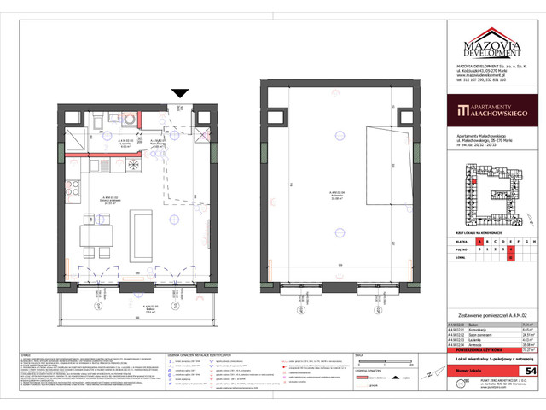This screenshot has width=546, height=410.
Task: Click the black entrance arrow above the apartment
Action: [180, 93]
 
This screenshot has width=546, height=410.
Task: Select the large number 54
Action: [530, 372]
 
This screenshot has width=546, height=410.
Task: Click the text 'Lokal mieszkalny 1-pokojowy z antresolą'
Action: [488, 360]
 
